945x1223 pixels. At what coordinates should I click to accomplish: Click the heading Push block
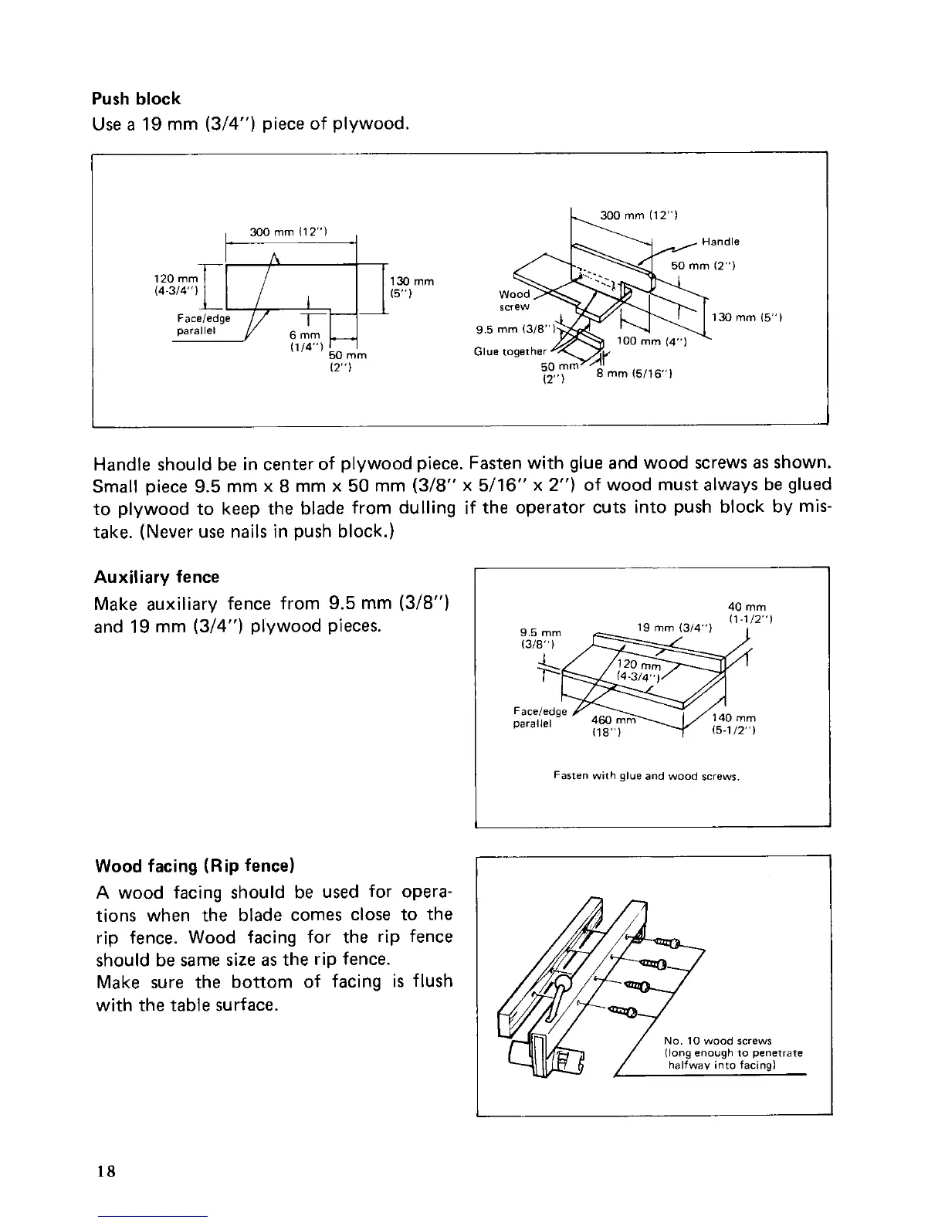[x=136, y=99]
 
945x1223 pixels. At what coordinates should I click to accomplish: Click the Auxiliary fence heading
[x=156, y=577]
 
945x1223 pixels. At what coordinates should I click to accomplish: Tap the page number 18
[x=107, y=1170]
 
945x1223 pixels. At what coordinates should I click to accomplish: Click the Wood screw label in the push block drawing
[x=514, y=300]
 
